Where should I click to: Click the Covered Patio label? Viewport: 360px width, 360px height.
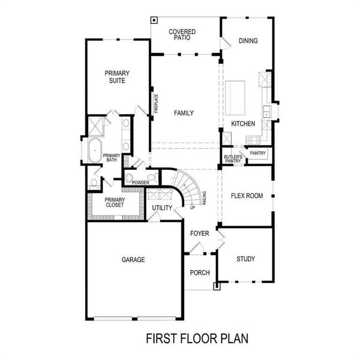coord(179,34)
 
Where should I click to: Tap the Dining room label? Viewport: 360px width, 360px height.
coord(248,41)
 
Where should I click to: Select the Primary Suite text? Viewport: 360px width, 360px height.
coord(118,77)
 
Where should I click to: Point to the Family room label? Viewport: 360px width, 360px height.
coord(184,113)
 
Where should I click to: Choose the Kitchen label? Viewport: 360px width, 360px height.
coord(243,124)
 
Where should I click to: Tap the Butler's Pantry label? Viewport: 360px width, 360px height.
coord(232,158)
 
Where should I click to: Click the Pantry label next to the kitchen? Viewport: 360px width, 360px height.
coord(257,153)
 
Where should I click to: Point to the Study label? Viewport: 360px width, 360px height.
coord(245,259)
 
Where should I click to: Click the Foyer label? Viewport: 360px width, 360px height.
coord(199,233)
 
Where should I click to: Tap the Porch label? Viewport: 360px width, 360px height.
coord(199,273)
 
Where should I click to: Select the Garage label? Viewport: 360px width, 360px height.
coord(133,260)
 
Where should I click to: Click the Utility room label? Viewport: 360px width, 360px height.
coord(162,208)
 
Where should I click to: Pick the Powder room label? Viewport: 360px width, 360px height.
coord(141,182)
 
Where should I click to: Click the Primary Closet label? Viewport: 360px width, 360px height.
coord(114,203)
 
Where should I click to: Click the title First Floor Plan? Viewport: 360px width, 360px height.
coord(197,339)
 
